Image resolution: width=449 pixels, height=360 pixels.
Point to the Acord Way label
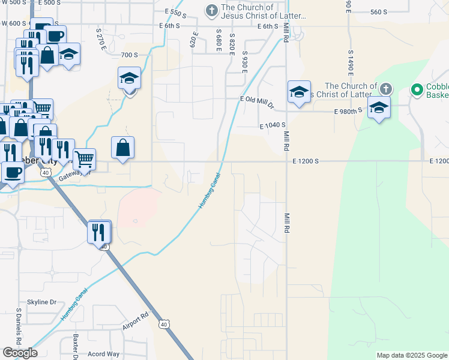(x=103, y=354)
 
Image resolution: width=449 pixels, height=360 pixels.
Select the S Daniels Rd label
(x=19, y=328)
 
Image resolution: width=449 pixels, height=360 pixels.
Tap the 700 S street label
(x=129, y=55)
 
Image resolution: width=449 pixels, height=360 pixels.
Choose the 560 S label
(x=379, y=12)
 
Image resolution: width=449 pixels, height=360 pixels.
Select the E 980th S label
(x=348, y=110)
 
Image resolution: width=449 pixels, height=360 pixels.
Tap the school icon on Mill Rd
(x=299, y=92)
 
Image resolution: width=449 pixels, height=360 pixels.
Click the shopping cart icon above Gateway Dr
(x=85, y=159)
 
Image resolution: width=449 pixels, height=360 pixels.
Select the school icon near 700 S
(x=129, y=79)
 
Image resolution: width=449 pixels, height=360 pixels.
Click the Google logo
(x=20, y=353)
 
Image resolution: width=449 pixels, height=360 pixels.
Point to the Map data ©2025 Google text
(x=411, y=355)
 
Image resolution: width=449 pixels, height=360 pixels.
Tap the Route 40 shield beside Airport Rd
(x=164, y=324)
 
